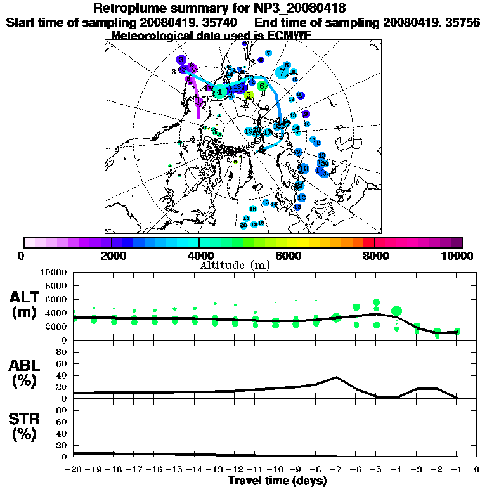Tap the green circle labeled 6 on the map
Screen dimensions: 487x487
click(261, 86)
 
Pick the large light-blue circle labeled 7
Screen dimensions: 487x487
click(282, 72)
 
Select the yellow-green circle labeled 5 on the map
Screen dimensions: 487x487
click(249, 96)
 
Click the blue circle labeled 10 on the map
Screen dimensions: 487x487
click(304, 169)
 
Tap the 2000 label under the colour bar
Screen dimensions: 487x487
click(111, 256)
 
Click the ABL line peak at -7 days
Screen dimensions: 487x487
click(336, 377)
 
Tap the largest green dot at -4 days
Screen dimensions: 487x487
click(397, 311)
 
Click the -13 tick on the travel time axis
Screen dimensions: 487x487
click(215, 470)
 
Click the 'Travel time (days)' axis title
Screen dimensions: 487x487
click(277, 481)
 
